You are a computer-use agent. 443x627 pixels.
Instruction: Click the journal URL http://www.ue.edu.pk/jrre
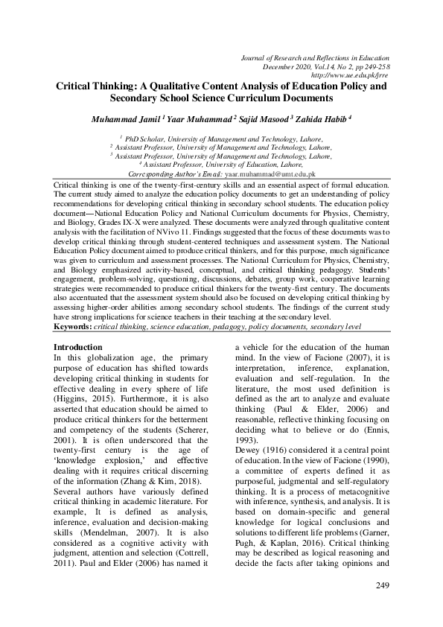350,75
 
